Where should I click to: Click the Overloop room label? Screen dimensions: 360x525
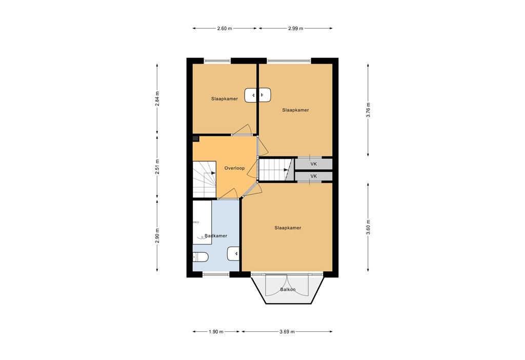[234, 168]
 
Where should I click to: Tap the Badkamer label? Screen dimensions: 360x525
[215, 236]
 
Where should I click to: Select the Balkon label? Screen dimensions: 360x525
[288, 290]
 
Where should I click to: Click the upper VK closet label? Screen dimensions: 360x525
[314, 164]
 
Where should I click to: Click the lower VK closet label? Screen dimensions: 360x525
[314, 176]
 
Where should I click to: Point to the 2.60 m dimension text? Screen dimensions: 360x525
[225, 28]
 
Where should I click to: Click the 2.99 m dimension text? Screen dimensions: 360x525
[295, 28]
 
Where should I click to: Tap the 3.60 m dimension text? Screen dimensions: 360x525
[368, 227]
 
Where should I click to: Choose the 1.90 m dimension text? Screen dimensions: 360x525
[216, 332]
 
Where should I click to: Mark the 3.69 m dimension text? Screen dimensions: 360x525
[287, 332]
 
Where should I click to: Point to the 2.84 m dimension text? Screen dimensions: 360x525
[157, 98]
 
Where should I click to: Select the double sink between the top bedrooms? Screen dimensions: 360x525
[258, 95]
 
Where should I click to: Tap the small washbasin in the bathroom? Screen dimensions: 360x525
[234, 252]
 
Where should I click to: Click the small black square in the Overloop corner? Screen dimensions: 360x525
[195, 138]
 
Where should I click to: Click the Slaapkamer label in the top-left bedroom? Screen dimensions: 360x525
[225, 98]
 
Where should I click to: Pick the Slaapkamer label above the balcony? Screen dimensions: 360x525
[288, 228]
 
